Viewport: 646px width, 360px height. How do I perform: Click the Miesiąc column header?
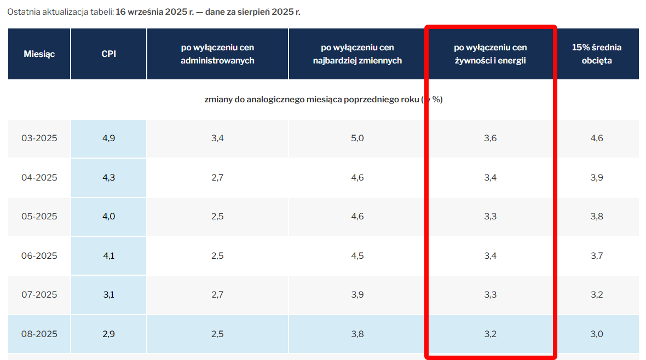[39, 54]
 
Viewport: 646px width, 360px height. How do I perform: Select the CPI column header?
[108, 54]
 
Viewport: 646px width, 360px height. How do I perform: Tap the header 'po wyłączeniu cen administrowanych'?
[217, 54]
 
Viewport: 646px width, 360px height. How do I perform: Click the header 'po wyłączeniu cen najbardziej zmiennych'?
[357, 54]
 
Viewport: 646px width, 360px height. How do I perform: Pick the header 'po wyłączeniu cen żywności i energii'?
[490, 54]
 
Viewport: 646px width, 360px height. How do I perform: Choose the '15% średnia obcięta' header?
[597, 54]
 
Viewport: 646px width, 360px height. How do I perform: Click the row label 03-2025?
[39, 138]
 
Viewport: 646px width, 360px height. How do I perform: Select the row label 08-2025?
[39, 334]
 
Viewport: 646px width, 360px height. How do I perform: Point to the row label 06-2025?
[39, 256]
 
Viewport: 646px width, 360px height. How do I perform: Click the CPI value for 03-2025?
[108, 138]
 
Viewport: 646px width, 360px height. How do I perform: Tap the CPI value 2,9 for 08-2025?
[108, 334]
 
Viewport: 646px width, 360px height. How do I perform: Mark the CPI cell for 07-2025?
[108, 295]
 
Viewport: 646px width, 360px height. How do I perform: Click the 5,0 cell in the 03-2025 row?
[357, 138]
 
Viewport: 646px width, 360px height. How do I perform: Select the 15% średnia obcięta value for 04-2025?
[597, 177]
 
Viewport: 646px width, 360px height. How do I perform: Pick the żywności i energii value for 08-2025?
[490, 334]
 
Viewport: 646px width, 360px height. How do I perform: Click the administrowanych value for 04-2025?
[217, 177]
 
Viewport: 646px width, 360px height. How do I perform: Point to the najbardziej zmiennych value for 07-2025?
[357, 295]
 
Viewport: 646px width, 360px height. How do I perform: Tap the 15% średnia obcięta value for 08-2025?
[597, 334]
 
